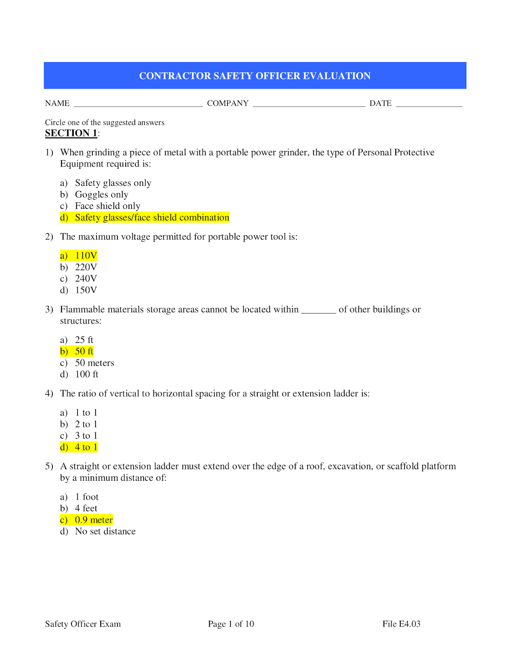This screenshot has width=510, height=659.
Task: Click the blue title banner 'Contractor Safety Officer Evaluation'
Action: click(255, 76)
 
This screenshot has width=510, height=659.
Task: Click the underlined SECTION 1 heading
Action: click(71, 133)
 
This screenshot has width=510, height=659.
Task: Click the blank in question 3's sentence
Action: click(319, 311)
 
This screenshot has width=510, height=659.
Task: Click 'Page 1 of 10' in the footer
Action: click(231, 624)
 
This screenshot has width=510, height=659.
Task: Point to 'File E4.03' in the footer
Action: click(401, 624)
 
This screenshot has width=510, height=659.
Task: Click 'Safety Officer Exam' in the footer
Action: click(83, 624)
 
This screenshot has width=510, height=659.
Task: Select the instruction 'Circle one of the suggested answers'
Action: click(105, 122)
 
